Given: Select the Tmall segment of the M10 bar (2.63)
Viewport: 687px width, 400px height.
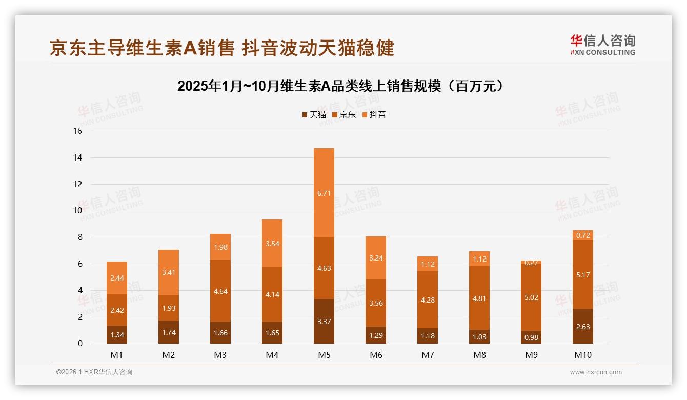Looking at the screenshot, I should pos(583,326).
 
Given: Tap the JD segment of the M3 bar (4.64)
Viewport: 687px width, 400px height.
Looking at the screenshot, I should pos(220,291).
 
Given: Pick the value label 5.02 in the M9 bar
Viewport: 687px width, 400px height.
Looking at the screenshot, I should pos(531,297).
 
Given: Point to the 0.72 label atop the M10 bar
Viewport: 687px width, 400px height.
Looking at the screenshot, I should pos(583,235).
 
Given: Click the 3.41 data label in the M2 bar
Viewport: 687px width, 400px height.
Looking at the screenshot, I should pos(169,272).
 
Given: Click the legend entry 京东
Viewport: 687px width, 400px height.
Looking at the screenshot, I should pos(344,114).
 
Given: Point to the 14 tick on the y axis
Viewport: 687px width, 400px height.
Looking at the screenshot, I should pos(77,157).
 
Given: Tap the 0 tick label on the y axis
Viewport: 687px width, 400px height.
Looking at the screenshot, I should pos(80,344).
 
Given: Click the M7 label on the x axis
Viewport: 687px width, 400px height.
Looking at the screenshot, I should pos(428,355).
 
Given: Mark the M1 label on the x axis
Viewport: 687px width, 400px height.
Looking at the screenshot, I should pos(117,355).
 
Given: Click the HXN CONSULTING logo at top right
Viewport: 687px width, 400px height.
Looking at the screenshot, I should pos(602,45).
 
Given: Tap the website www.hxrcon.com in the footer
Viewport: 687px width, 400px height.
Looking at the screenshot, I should pos(596,372).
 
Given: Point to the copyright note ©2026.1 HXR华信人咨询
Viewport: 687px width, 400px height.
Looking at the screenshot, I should pos(94,372).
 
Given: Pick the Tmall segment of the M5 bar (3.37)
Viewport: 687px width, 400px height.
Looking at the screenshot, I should pos(324,321).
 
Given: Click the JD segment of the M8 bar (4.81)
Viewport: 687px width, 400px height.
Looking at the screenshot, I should pos(479,298).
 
